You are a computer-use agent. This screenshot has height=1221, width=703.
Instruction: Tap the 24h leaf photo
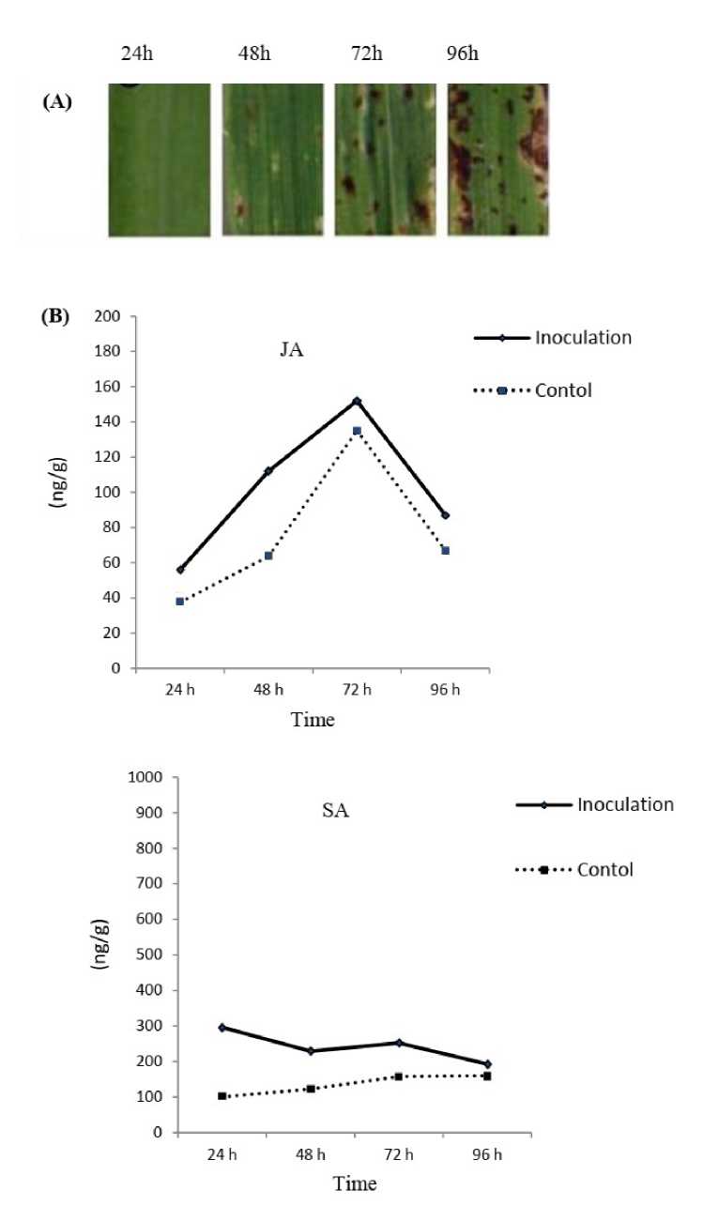[x=159, y=160]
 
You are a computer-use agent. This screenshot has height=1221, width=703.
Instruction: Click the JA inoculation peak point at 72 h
[x=357, y=401]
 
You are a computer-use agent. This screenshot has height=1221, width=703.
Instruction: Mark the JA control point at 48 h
[x=268, y=556]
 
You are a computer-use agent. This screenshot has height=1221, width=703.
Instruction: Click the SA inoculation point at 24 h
[x=222, y=1028]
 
